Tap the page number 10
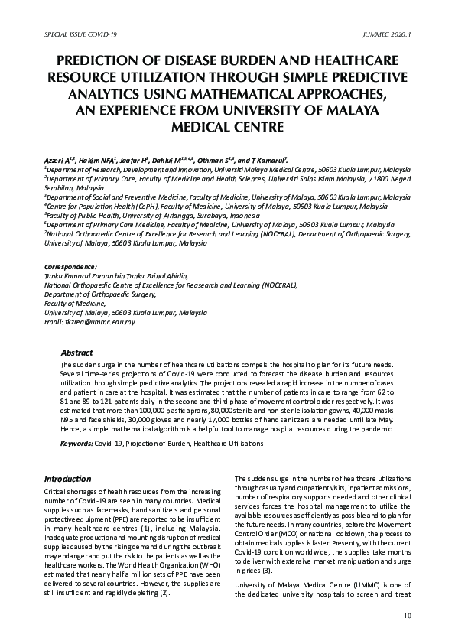coord(407,616)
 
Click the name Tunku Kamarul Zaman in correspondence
coord(81,275)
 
